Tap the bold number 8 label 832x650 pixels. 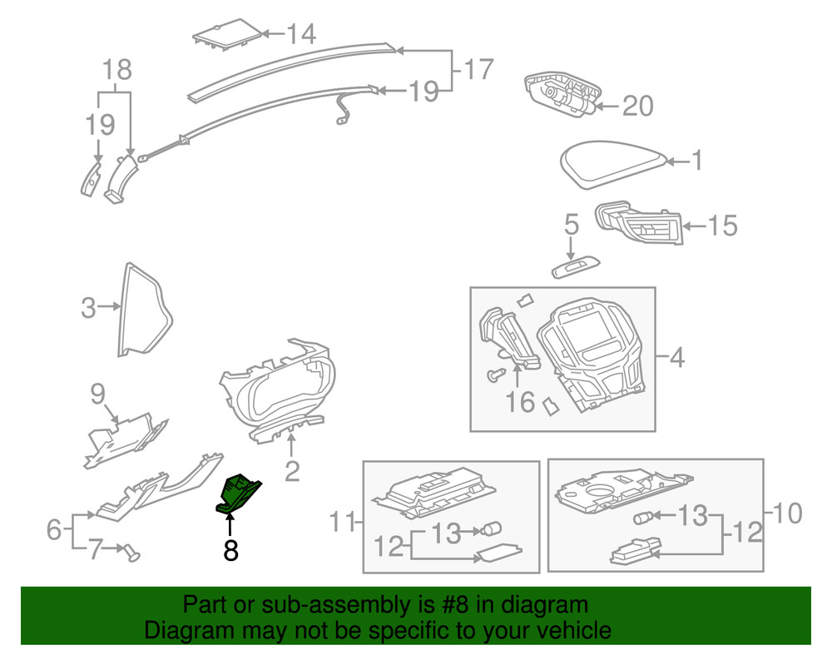pyautogui.click(x=230, y=550)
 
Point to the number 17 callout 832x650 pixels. pyautogui.click(x=478, y=69)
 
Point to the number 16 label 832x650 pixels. pyautogui.click(x=521, y=402)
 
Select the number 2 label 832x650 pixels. pyautogui.click(x=292, y=472)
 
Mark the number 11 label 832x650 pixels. pyautogui.click(x=341, y=523)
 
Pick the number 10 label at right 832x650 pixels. pyautogui.click(x=788, y=514)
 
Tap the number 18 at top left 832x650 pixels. pyautogui.click(x=117, y=70)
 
